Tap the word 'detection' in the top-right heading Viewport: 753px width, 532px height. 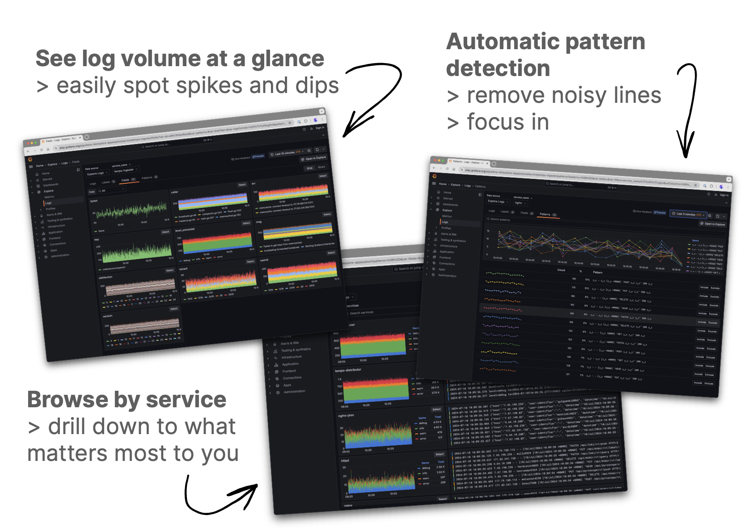498,69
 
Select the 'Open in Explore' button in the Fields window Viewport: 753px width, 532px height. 314,158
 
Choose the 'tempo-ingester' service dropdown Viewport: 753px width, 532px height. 125,170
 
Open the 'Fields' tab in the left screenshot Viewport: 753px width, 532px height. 126,180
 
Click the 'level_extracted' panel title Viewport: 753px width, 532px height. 185,230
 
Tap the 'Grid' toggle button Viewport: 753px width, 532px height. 309,168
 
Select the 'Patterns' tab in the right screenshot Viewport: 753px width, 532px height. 545,214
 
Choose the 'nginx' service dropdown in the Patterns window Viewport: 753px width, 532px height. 519,203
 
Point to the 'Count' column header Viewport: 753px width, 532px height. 561,270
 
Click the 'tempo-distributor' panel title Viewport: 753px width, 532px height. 348,370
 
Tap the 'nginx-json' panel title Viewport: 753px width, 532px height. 346,415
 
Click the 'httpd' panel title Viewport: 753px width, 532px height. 345,460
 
